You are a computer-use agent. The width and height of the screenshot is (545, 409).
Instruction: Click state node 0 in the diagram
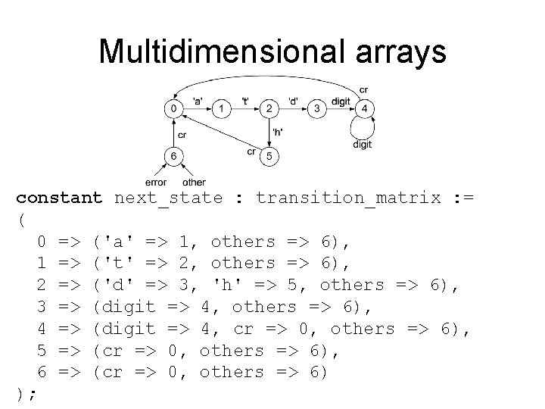pyautogui.click(x=174, y=109)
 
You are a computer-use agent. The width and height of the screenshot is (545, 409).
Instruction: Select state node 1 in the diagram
pyautogui.click(x=221, y=109)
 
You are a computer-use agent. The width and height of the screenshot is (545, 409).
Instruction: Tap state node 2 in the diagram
pyautogui.click(x=269, y=109)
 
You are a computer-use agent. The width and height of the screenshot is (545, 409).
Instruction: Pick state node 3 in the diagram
pyautogui.click(x=317, y=109)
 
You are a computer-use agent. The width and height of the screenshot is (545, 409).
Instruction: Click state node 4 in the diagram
pyautogui.click(x=365, y=109)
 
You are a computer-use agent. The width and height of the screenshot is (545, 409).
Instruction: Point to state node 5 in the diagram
pyautogui.click(x=269, y=157)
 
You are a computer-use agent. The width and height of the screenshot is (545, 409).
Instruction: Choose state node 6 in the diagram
pyautogui.click(x=174, y=157)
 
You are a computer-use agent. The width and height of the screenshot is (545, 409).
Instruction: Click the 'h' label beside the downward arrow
pyautogui.click(x=278, y=132)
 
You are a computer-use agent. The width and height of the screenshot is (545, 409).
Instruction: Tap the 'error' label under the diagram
pyautogui.click(x=155, y=182)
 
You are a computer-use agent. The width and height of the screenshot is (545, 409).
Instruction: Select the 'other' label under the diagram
pyautogui.click(x=194, y=182)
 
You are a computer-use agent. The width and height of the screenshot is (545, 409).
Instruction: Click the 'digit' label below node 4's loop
pyautogui.click(x=362, y=144)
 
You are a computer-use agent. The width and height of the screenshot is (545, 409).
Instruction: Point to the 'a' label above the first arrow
pyautogui.click(x=197, y=101)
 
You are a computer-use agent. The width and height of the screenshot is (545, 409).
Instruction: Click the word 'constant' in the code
pyautogui.click(x=59, y=198)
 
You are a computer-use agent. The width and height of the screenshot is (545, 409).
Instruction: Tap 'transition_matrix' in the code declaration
pyautogui.click(x=348, y=198)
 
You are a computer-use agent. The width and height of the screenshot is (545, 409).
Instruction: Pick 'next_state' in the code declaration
pyautogui.click(x=168, y=198)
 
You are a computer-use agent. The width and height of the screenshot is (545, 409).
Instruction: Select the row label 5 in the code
pyautogui.click(x=43, y=350)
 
